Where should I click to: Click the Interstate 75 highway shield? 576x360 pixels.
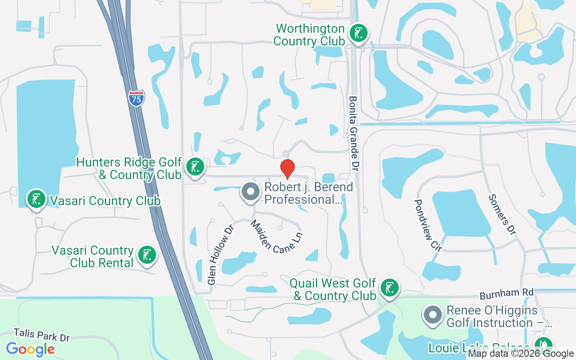136,98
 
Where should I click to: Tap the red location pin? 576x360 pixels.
288,169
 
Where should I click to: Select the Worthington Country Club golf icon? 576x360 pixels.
359,34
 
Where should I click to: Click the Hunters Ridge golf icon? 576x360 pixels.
195,167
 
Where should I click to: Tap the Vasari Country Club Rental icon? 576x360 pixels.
147,255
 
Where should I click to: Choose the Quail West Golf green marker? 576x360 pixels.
389,288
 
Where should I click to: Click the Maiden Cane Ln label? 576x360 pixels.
276,237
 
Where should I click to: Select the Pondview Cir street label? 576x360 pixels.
428,225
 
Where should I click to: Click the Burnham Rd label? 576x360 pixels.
506,294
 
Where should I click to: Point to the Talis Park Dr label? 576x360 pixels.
42,335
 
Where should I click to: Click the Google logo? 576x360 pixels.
30,349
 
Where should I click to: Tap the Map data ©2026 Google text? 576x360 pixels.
521,354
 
